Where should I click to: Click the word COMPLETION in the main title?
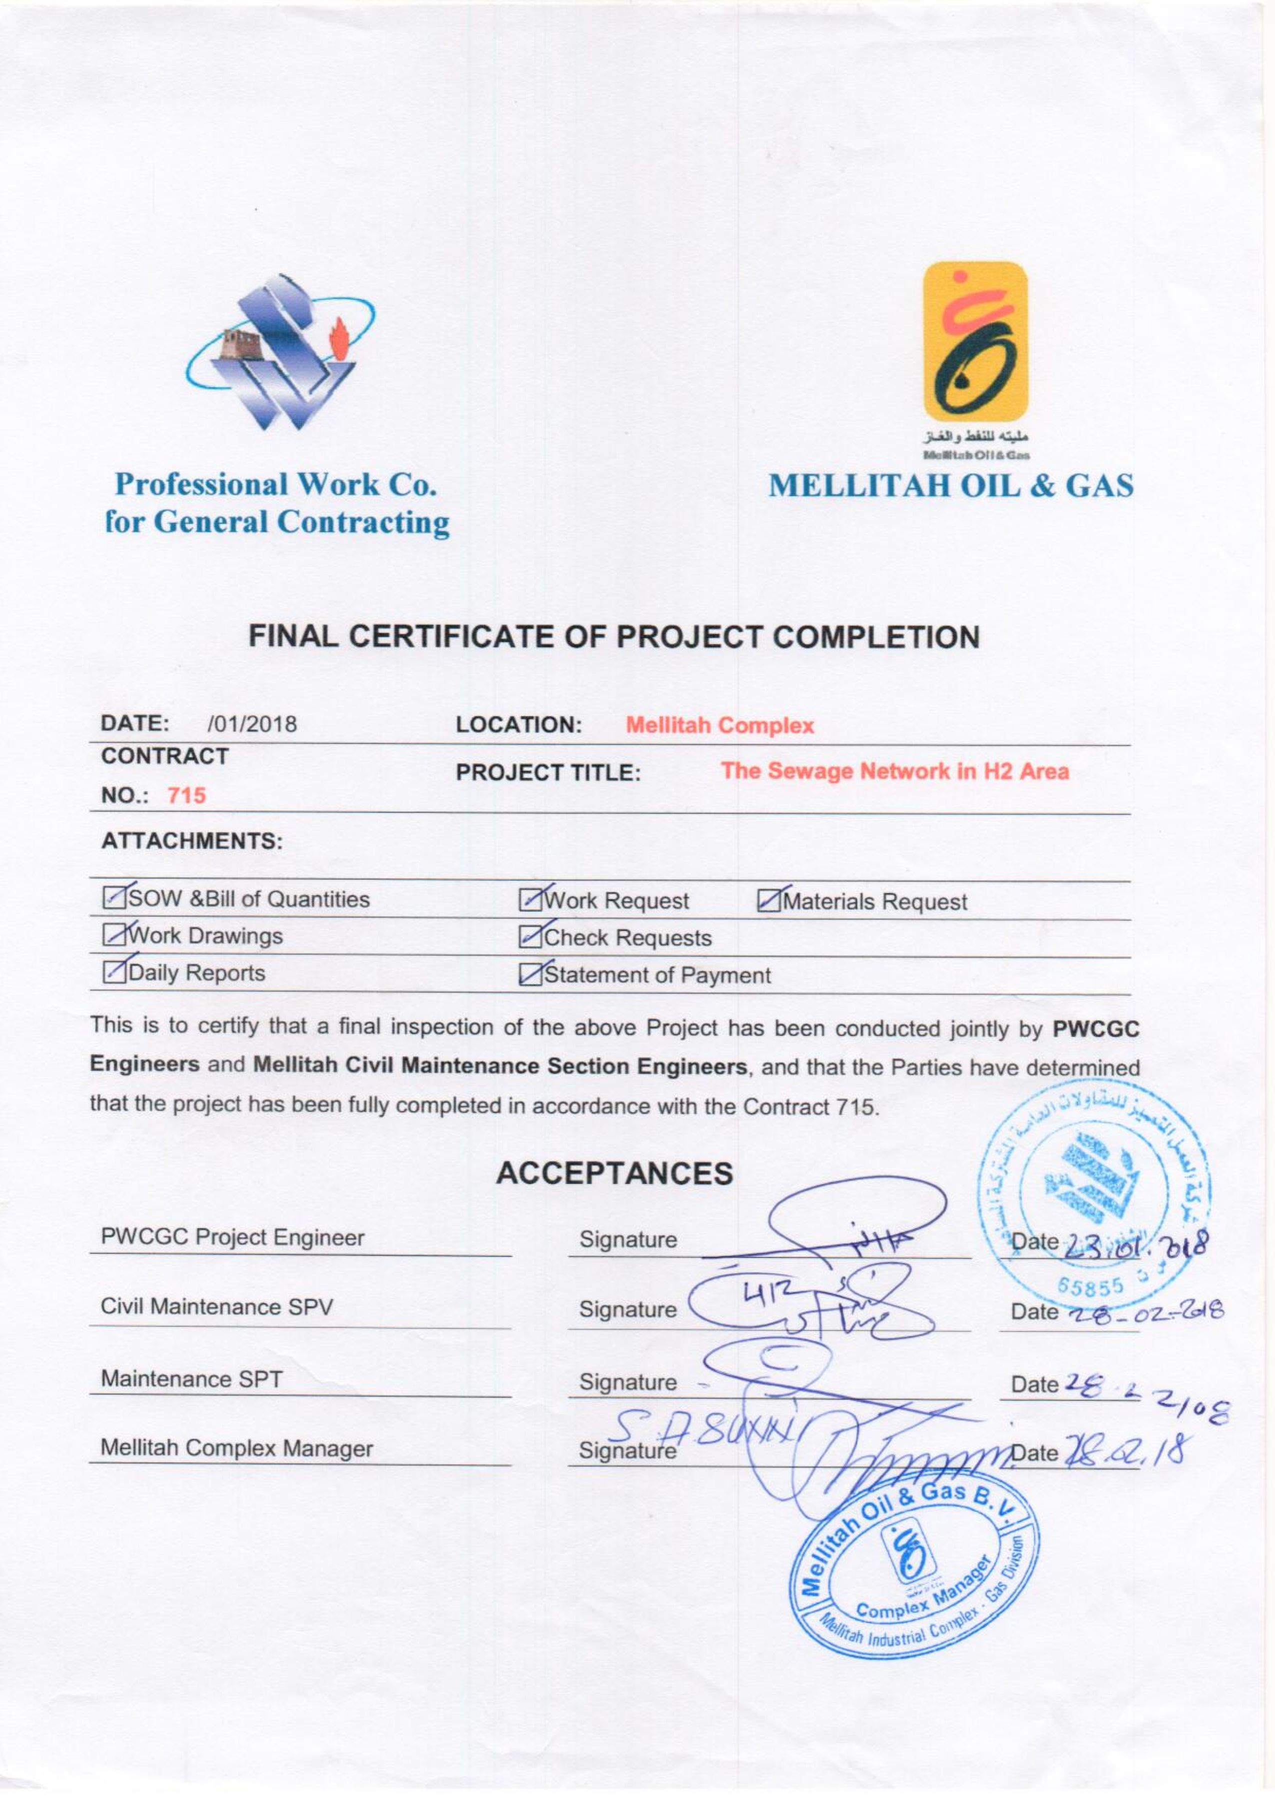click(877, 636)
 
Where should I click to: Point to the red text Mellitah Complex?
click(720, 726)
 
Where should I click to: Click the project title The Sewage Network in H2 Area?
click(895, 771)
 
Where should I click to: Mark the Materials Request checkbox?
click(769, 901)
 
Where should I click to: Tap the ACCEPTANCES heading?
click(614, 1173)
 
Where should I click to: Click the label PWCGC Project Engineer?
click(232, 1238)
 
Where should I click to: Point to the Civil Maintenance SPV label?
click(216, 1307)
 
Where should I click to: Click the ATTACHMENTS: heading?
click(191, 841)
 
